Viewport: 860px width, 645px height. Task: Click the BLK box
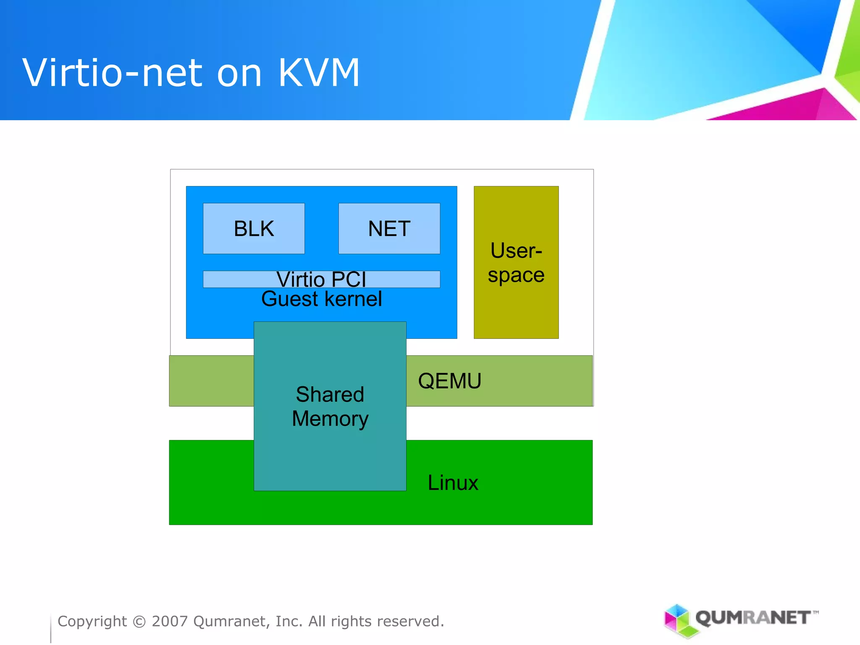(x=254, y=228)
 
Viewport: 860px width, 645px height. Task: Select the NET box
(x=389, y=228)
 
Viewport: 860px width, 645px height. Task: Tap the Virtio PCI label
(x=321, y=279)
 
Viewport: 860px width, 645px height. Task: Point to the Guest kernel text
(x=321, y=299)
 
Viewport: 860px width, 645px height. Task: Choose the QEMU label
(x=449, y=381)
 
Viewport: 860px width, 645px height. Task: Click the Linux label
(x=453, y=482)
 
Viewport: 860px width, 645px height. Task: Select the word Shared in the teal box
(x=330, y=394)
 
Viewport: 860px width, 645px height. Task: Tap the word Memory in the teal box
(x=330, y=419)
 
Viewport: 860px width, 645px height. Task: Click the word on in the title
(x=239, y=74)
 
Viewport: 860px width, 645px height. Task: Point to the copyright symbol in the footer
(x=139, y=621)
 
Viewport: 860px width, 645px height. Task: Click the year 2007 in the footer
(x=170, y=621)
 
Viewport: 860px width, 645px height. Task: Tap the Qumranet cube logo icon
(x=677, y=620)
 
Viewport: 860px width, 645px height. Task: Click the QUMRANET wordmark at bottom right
(x=754, y=618)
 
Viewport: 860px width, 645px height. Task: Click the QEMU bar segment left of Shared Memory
(x=211, y=381)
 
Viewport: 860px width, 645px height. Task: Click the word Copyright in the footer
(x=92, y=621)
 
